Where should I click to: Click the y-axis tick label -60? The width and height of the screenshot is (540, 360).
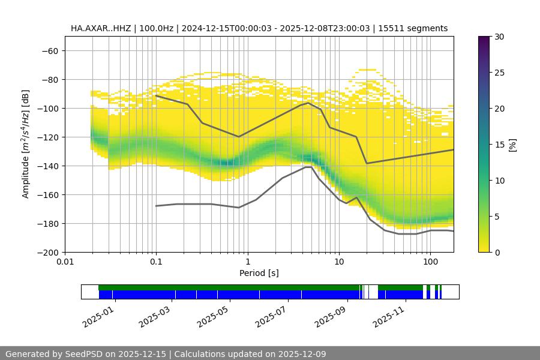pos(49,51)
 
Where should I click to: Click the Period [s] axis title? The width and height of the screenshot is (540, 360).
pos(259,274)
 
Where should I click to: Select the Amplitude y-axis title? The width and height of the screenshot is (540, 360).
pos(26,144)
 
